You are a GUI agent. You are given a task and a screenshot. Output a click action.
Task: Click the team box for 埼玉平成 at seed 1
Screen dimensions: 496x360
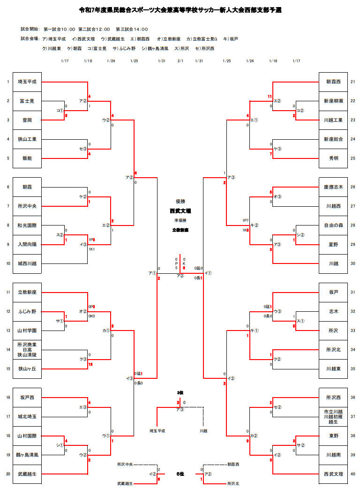coord(27,82)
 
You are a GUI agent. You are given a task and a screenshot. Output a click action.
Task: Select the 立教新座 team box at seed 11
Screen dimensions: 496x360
coord(27,292)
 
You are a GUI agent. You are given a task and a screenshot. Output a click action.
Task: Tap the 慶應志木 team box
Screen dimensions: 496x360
coord(333,187)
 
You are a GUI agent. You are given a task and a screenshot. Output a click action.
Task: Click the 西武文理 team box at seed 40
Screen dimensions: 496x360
coord(333,474)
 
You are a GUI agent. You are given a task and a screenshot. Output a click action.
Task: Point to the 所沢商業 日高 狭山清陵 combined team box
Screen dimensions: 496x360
coord(27,350)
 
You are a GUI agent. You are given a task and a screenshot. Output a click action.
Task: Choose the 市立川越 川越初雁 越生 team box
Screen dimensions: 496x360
coord(333,417)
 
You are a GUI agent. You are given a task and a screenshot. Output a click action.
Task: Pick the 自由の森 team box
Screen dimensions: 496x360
coord(333,225)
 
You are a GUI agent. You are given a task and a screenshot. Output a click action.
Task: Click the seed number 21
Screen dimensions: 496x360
coord(353,82)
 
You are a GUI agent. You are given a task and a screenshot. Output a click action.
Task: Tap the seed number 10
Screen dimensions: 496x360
coord(8,263)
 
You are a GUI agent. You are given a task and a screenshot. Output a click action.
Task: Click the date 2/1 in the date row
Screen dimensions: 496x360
coord(180,61)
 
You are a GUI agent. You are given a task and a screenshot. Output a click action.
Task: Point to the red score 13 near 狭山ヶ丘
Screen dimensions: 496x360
coord(90,364)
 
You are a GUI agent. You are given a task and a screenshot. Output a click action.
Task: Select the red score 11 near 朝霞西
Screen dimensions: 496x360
coord(270,97)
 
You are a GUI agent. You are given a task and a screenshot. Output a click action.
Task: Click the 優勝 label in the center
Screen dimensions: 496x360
coord(180,201)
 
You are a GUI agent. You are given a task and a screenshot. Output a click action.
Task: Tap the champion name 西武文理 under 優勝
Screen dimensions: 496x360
coord(180,211)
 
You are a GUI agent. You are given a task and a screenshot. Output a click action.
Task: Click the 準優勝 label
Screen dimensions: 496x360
coord(180,220)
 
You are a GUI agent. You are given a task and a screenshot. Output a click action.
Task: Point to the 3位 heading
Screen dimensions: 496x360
coord(180,392)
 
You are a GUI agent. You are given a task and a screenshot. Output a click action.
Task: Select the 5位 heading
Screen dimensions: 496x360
coord(180,474)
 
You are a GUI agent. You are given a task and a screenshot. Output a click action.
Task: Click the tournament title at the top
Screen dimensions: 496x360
coord(180,9)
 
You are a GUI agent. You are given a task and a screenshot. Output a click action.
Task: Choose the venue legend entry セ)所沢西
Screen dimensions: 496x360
coord(205,48)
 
